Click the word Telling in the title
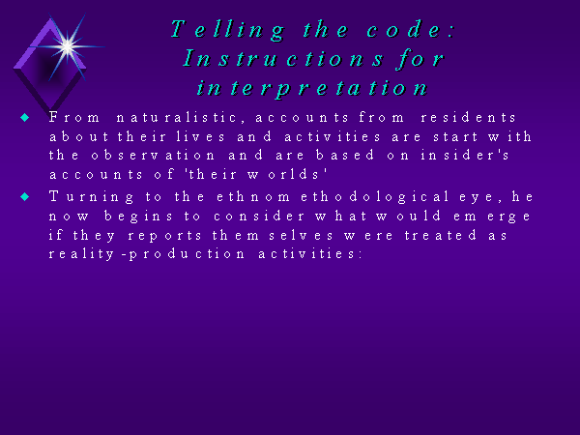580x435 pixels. coord(227,30)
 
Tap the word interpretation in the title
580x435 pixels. coord(312,89)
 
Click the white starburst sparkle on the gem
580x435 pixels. coord(68,46)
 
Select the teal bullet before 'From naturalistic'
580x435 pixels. coord(25,118)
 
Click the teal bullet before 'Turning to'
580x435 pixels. coord(25,196)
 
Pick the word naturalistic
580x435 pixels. coord(177,118)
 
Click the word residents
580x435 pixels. coord(468,118)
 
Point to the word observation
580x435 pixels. coord(153,156)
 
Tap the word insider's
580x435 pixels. coord(465,156)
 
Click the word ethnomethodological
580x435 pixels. coord(333,196)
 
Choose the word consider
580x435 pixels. coord(259,216)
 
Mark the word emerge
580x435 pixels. coord(492,217)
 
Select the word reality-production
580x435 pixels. coord(147,254)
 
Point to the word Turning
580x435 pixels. coord(92,197)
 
